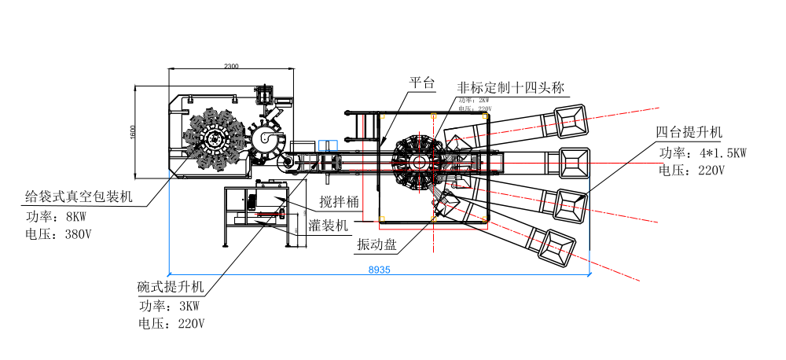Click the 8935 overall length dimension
[x=379, y=269]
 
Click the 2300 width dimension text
[x=231, y=66]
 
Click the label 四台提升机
[x=689, y=131]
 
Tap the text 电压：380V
[x=59, y=233]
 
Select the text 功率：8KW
[x=54, y=215]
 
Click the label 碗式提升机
[x=171, y=287]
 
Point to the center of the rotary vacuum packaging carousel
[x=212, y=140]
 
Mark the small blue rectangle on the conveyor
[x=328, y=145]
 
